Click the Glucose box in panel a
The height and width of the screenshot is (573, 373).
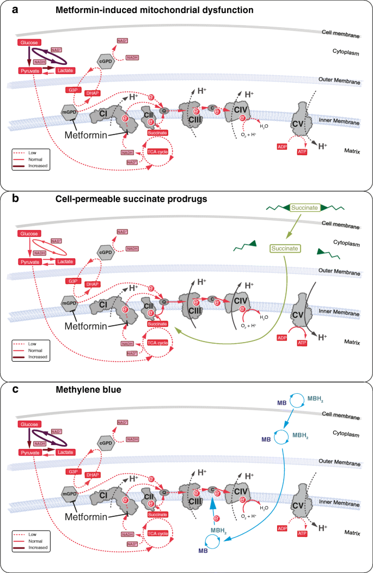click(x=29, y=42)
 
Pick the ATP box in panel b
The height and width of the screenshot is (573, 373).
click(x=303, y=342)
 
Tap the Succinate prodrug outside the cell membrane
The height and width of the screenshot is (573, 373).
click(x=305, y=208)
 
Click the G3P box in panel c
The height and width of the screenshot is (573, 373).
click(x=72, y=471)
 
